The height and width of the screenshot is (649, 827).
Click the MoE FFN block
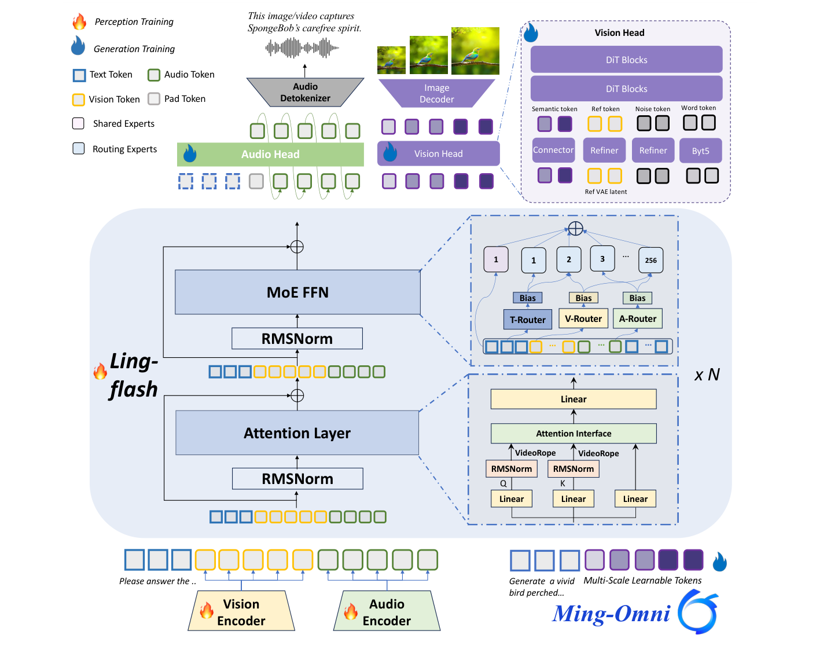pos(297,292)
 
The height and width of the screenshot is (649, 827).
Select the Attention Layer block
pos(297,433)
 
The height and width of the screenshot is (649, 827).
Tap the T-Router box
pos(527,320)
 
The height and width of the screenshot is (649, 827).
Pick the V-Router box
pos(583,318)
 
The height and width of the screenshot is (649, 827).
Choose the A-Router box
pos(637,318)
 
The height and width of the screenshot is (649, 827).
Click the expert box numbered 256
pos(650,260)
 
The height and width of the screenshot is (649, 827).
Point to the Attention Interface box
pos(574,433)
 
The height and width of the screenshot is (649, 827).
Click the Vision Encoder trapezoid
pos(241,612)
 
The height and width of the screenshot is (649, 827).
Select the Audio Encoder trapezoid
pos(387,612)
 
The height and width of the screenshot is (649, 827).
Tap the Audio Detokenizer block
pos(305,93)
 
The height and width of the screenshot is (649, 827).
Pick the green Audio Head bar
pos(270,154)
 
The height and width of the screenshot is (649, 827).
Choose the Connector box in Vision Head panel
pos(553,150)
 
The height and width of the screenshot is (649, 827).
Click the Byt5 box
pos(700,151)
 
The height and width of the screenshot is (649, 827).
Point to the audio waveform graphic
pos(302,49)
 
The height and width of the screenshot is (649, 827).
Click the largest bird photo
pos(475,51)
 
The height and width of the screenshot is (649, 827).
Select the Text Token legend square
pos(79,75)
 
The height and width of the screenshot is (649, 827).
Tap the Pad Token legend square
pos(154,99)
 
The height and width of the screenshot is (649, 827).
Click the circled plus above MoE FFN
pos(297,247)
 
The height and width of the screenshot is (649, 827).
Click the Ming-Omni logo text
pos(611,614)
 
